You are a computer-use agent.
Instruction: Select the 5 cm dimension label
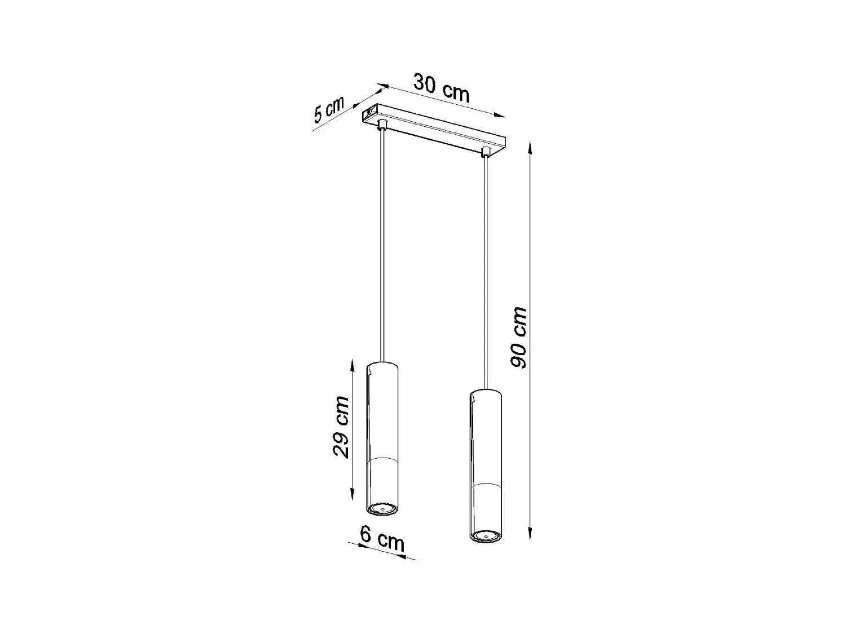[x=328, y=110]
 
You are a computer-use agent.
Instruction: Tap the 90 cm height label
[x=518, y=338]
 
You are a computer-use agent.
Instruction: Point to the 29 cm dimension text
[x=341, y=427]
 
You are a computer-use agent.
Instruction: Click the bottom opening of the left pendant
[x=382, y=509]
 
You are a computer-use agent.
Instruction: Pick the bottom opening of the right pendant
[x=484, y=535]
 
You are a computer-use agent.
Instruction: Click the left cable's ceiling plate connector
[x=383, y=123]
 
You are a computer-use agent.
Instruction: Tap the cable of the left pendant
[x=383, y=242]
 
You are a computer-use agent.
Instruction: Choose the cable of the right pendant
[x=484, y=271]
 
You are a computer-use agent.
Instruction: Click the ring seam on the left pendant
[x=382, y=458]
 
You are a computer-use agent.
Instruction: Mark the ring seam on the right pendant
[x=484, y=485]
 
